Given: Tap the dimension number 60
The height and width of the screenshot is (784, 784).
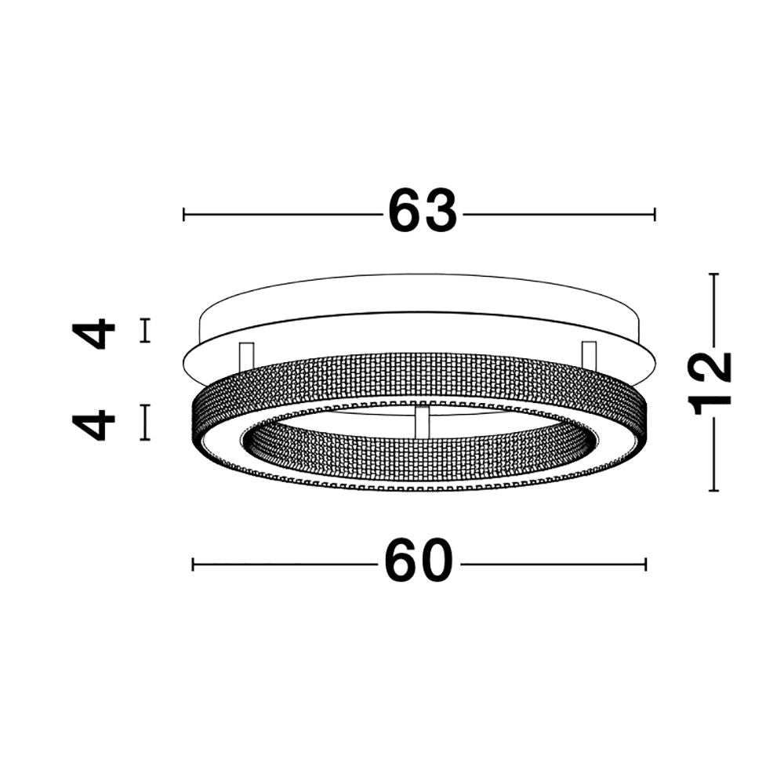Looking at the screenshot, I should tap(419, 561).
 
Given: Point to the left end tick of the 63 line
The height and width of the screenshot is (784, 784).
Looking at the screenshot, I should tap(183, 214).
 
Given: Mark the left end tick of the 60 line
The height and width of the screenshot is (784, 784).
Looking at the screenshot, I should tap(194, 564).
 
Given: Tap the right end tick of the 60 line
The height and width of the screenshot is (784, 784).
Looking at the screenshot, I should tap(645, 564).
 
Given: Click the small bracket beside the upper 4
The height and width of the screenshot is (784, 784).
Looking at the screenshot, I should tap(144, 330).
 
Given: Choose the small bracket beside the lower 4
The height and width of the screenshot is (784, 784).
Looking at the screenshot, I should tap(144, 422).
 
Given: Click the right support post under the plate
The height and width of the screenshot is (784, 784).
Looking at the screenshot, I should tap(589, 353).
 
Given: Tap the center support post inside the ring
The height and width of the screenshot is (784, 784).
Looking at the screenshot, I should tap(422, 420).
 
